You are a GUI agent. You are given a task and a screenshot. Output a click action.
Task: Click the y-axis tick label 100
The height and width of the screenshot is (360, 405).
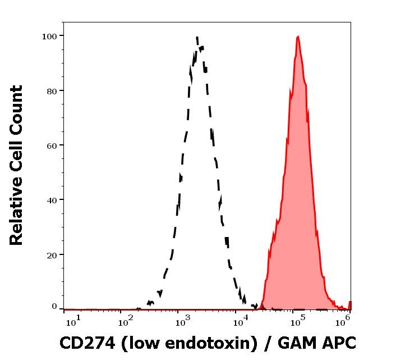(50, 36)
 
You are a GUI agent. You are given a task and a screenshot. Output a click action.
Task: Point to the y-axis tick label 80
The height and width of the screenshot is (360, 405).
(52, 90)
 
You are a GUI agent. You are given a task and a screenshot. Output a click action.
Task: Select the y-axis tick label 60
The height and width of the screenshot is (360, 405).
(52, 145)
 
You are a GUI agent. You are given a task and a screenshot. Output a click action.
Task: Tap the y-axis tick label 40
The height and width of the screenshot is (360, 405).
(52, 200)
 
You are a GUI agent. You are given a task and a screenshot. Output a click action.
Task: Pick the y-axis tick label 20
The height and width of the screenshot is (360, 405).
(52, 254)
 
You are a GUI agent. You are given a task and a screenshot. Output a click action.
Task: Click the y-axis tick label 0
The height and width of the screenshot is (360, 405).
(54, 307)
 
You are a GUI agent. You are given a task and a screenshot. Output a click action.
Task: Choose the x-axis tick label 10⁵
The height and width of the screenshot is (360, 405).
(298, 320)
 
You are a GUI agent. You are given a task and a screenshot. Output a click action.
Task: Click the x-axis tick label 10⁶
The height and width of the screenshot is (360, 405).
(343, 320)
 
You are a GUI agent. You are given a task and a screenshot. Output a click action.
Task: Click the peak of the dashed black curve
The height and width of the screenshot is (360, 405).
(197, 38)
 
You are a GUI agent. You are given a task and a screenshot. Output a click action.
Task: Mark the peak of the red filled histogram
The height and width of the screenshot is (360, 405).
(298, 37)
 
